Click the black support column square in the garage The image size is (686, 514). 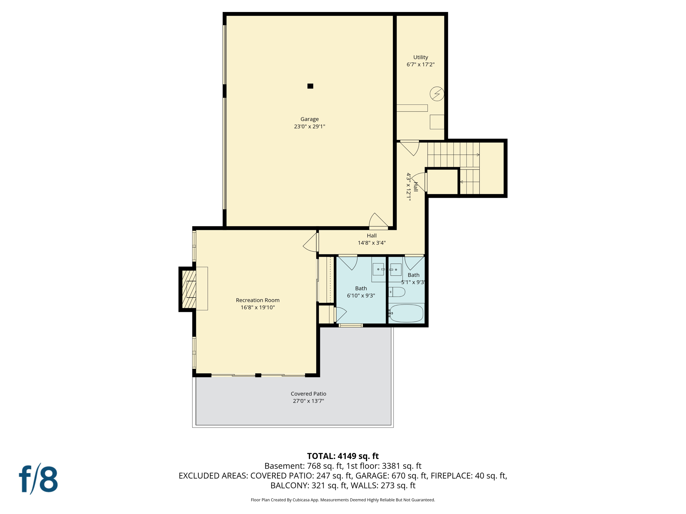[310, 86]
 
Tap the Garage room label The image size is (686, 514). [309, 119]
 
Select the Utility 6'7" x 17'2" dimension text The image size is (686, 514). [420, 65]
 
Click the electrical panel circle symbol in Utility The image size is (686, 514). [437, 94]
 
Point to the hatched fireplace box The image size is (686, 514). [189, 289]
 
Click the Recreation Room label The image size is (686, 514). [258, 300]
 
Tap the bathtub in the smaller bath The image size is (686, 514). [406, 314]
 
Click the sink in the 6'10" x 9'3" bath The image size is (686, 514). [379, 269]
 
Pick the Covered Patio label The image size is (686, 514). [308, 394]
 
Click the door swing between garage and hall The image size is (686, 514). [378, 221]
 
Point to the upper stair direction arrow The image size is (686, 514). [478, 155]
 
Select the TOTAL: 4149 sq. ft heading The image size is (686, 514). [343, 456]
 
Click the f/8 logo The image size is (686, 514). [38, 479]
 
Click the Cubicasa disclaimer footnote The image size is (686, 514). [343, 500]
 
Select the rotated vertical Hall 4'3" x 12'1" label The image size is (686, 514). [412, 187]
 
